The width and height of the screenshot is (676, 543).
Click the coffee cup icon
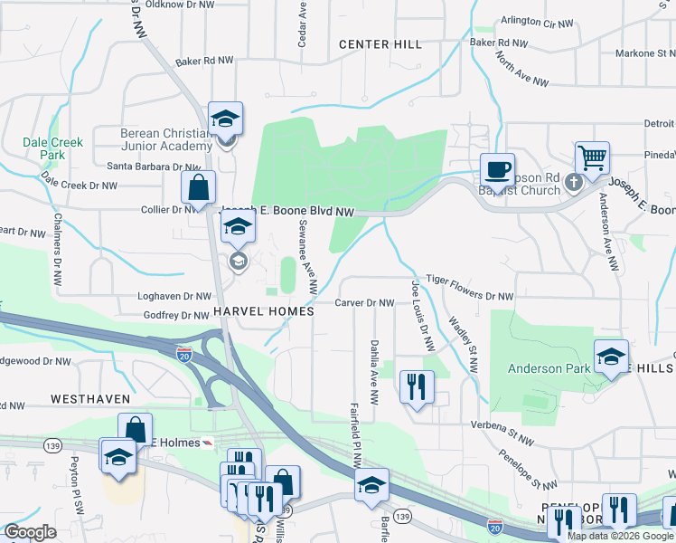497,168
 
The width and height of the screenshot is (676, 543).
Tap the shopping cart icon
593,157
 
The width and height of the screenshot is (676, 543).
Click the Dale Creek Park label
53,148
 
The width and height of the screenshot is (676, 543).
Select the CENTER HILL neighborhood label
380,44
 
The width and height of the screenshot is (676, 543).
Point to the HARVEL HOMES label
263,310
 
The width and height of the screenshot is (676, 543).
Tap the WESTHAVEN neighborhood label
90,398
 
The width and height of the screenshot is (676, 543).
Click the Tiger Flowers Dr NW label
469,295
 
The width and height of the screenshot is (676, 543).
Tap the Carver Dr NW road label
365,303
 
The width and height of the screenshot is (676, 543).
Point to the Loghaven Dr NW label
174,296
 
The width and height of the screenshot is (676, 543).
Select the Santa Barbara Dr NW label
154,167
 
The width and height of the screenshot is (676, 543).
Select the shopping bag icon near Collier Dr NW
198,187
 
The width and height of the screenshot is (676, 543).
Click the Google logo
31,532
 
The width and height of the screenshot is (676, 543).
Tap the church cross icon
572,184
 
